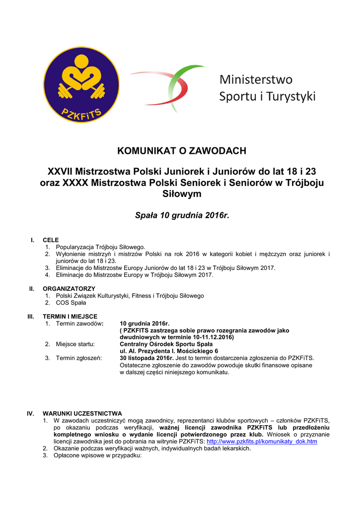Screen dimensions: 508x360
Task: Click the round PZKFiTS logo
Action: (x=81, y=85)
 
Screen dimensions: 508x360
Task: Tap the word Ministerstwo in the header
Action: (x=256, y=79)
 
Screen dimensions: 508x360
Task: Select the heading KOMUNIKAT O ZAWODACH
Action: (x=182, y=151)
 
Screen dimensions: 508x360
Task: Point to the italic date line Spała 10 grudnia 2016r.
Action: (x=182, y=216)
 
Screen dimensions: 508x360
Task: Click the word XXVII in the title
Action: (x=60, y=172)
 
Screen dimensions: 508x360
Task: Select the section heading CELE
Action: (x=51, y=240)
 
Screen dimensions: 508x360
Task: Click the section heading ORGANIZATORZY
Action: (x=69, y=288)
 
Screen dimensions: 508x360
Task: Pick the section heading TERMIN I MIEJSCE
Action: (x=70, y=316)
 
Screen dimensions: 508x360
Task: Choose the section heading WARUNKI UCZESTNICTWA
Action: (x=82, y=413)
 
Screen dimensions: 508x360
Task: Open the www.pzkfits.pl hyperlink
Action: (x=262, y=441)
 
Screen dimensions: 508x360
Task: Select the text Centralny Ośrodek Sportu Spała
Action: (x=166, y=344)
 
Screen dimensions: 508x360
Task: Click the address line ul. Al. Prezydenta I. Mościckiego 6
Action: (x=169, y=351)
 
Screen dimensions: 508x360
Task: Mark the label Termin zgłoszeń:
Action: (x=79, y=358)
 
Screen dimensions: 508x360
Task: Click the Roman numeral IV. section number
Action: (x=30, y=413)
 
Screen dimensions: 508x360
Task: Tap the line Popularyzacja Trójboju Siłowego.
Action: (x=101, y=247)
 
